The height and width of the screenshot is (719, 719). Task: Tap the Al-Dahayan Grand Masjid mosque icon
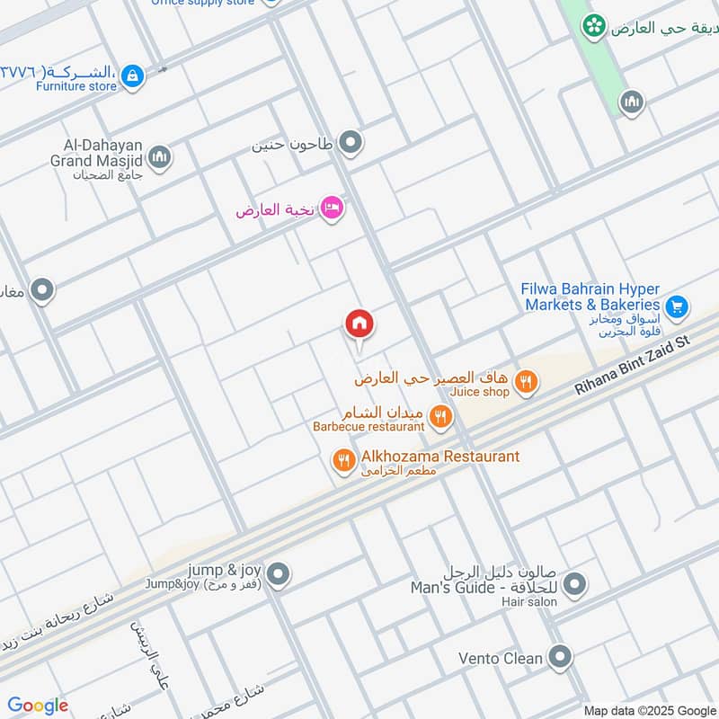(x=160, y=158)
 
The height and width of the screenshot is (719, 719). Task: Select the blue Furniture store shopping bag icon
(x=132, y=76)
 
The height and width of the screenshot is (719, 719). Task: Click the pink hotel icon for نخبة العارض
(x=332, y=209)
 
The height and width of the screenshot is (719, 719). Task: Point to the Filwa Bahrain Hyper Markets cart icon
(x=677, y=307)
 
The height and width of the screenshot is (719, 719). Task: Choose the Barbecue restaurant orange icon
(x=439, y=415)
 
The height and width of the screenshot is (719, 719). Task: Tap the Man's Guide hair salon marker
(x=574, y=584)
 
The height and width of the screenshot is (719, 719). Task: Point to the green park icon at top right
(x=593, y=26)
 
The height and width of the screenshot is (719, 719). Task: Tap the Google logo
(x=38, y=706)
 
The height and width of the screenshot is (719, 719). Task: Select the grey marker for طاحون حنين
(x=351, y=142)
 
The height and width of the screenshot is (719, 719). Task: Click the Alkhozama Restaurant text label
(x=440, y=457)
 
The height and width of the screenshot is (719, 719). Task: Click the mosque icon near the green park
(x=632, y=102)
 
